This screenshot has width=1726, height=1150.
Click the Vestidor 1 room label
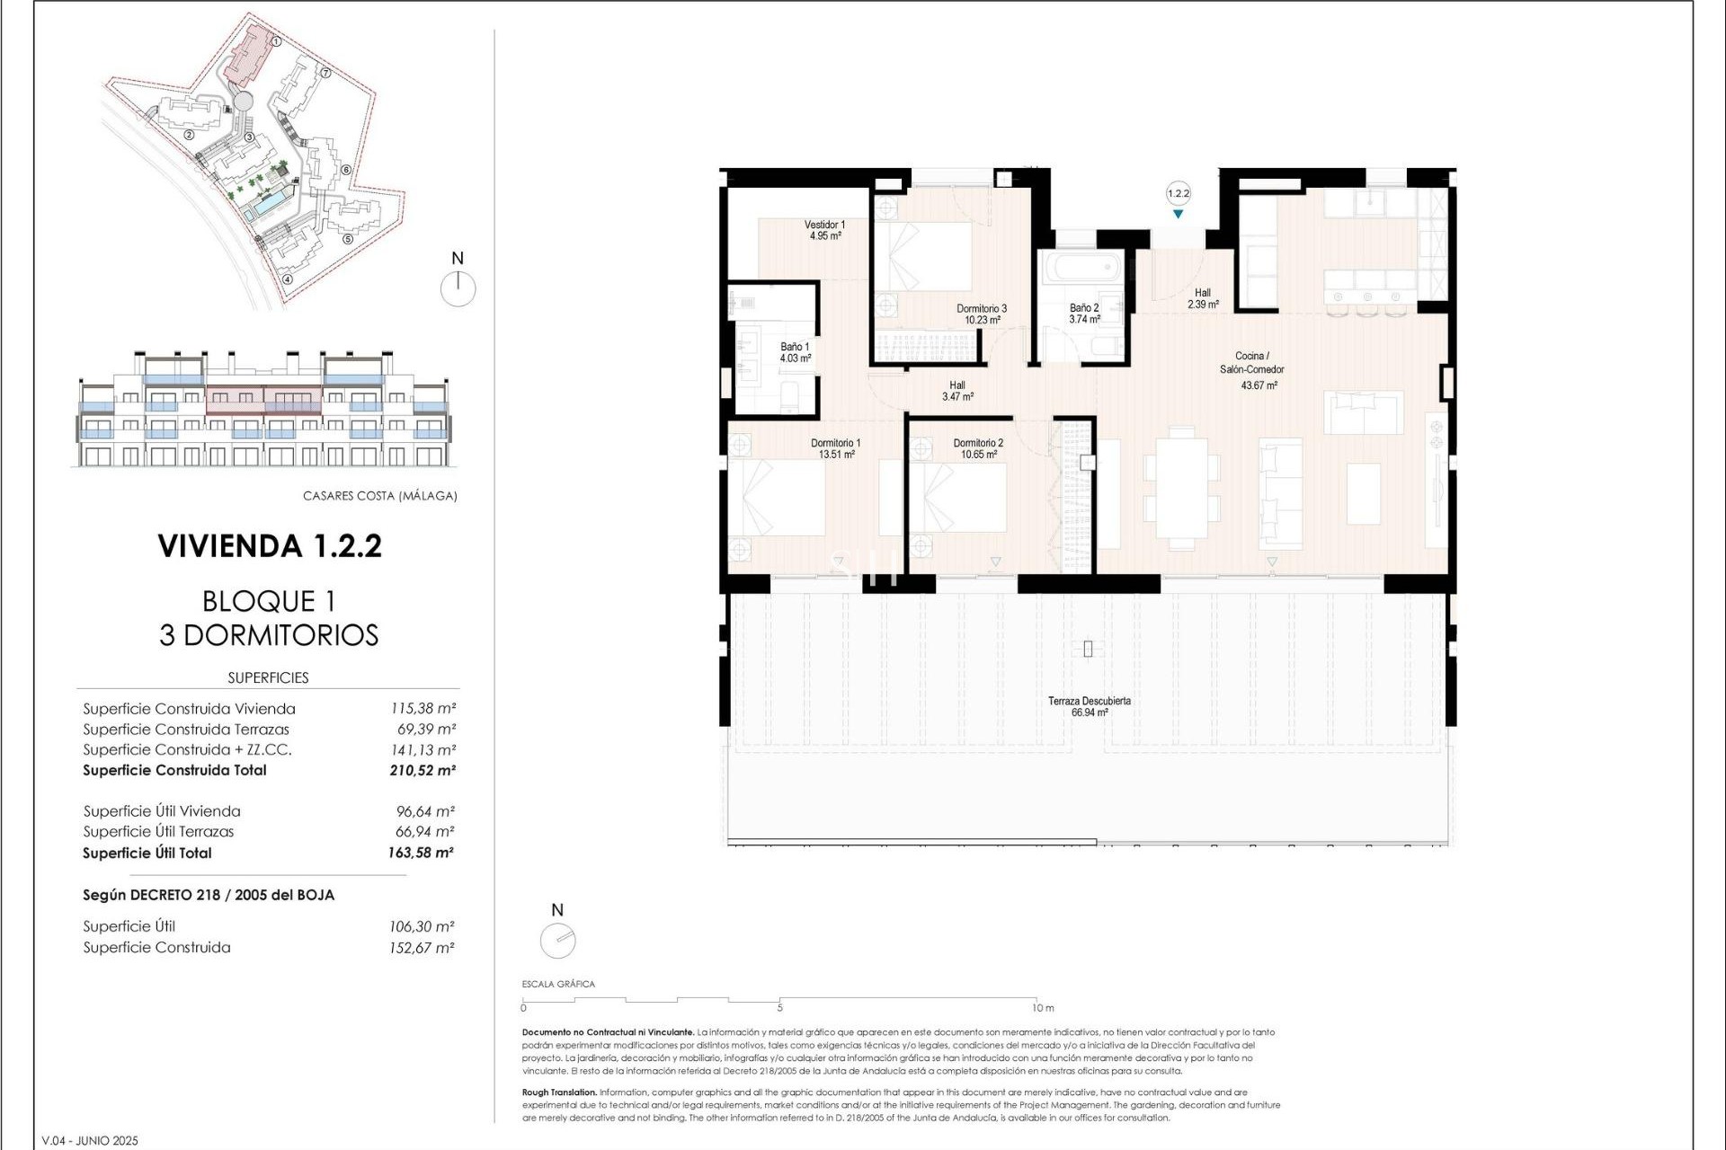click(823, 225)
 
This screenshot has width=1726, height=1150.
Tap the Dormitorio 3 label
click(981, 308)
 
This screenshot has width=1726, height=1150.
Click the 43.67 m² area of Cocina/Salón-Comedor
click(1259, 385)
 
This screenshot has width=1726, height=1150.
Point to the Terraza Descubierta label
click(1089, 701)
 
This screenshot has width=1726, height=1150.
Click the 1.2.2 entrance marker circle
click(1178, 193)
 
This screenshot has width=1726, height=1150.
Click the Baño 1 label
click(795, 347)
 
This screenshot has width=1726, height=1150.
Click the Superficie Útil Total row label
click(147, 854)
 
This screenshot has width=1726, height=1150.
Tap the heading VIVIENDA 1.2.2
click(270, 546)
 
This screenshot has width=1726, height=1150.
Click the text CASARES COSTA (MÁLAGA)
click(379, 496)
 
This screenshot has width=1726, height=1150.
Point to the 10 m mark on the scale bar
click(1042, 1007)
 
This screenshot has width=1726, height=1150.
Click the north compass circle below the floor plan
click(557, 941)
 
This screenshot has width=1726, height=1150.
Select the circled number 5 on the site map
click(348, 239)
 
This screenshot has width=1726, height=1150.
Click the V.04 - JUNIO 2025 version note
click(90, 1141)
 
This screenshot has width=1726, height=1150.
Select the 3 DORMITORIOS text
click(269, 635)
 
